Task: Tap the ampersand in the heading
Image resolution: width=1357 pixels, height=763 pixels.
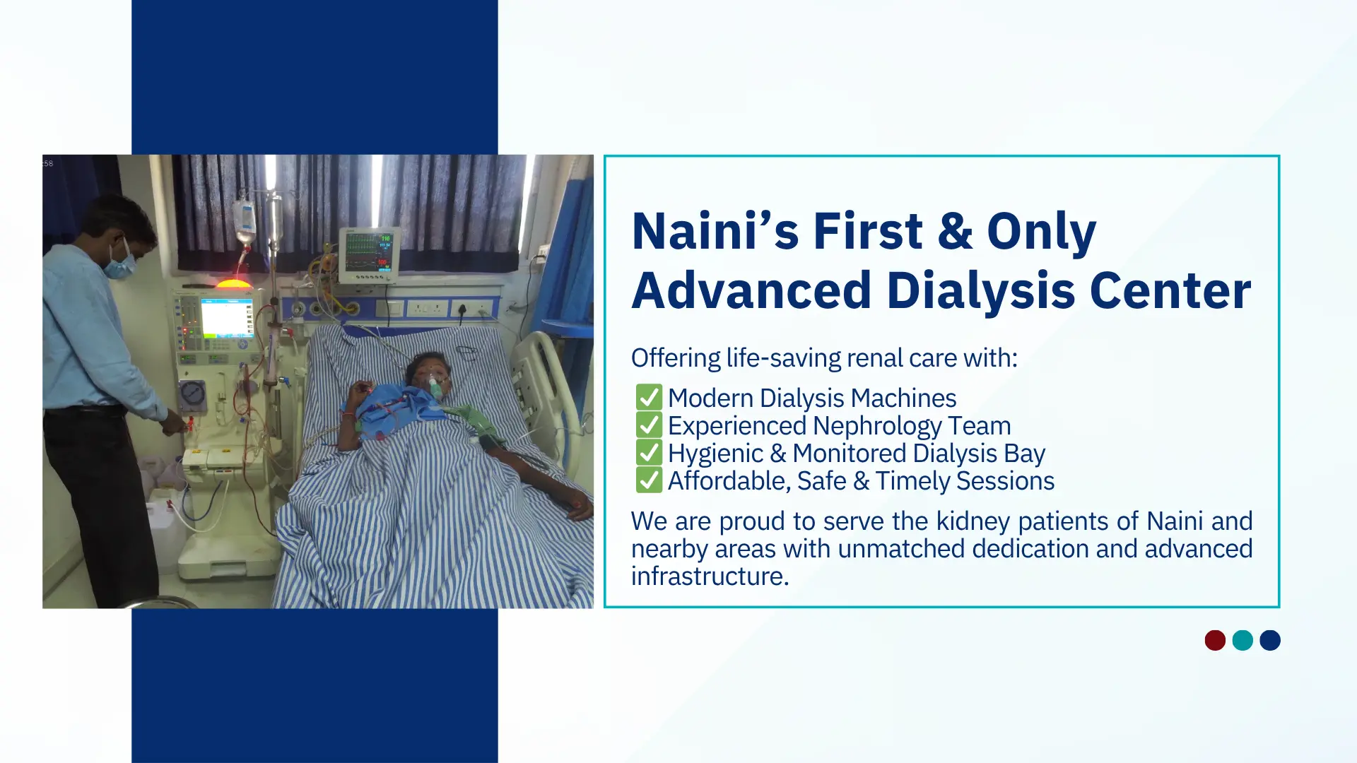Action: click(955, 231)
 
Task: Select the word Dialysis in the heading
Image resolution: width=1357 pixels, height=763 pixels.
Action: click(980, 290)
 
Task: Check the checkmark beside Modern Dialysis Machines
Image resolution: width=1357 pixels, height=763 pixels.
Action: click(649, 398)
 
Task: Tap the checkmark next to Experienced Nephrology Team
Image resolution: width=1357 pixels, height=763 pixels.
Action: click(649, 425)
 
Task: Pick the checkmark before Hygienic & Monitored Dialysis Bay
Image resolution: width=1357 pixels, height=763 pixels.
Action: click(649, 453)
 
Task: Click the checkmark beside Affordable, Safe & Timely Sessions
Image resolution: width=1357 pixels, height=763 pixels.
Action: click(649, 480)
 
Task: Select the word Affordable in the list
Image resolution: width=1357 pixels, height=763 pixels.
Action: click(729, 481)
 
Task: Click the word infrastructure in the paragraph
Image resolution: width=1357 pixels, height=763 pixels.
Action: click(710, 576)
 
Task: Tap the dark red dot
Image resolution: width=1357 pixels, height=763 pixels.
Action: click(1215, 640)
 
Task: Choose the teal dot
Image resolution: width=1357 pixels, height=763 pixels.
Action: click(1243, 640)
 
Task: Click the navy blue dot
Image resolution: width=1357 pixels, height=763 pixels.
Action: click(1270, 640)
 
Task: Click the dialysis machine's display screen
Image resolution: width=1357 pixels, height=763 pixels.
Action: click(226, 319)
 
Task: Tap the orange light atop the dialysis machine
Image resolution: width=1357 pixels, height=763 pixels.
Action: click(233, 283)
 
